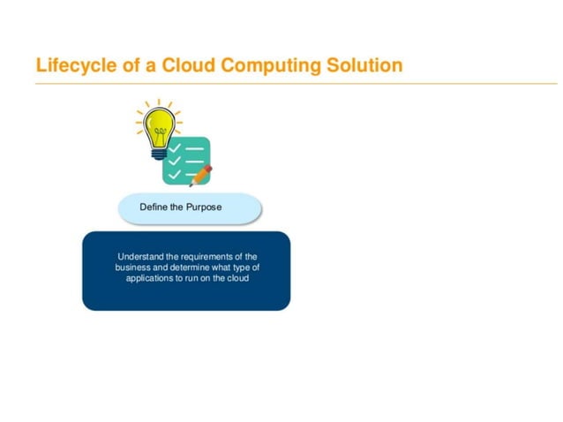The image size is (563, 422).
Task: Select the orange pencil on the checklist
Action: click(200, 176)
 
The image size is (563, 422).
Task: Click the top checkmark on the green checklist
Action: click(175, 147)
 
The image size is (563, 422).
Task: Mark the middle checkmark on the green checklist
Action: click(175, 161)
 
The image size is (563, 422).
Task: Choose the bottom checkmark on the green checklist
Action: click(175, 175)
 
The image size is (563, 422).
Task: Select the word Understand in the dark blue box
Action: click(140, 257)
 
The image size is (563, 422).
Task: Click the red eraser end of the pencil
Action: click(208, 168)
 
